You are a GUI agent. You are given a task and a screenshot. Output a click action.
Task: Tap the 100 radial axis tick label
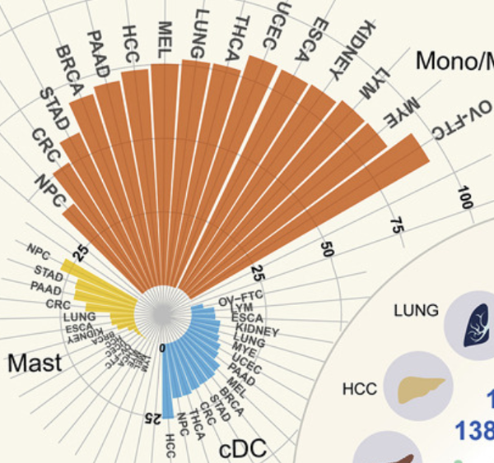(x=467, y=198)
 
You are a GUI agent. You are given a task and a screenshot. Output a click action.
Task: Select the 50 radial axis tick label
(x=326, y=249)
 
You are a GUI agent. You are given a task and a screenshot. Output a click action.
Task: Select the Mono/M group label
(x=454, y=60)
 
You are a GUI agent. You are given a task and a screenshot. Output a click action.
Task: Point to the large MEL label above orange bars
(x=163, y=39)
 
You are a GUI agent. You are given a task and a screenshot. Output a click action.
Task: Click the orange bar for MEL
(x=165, y=164)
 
